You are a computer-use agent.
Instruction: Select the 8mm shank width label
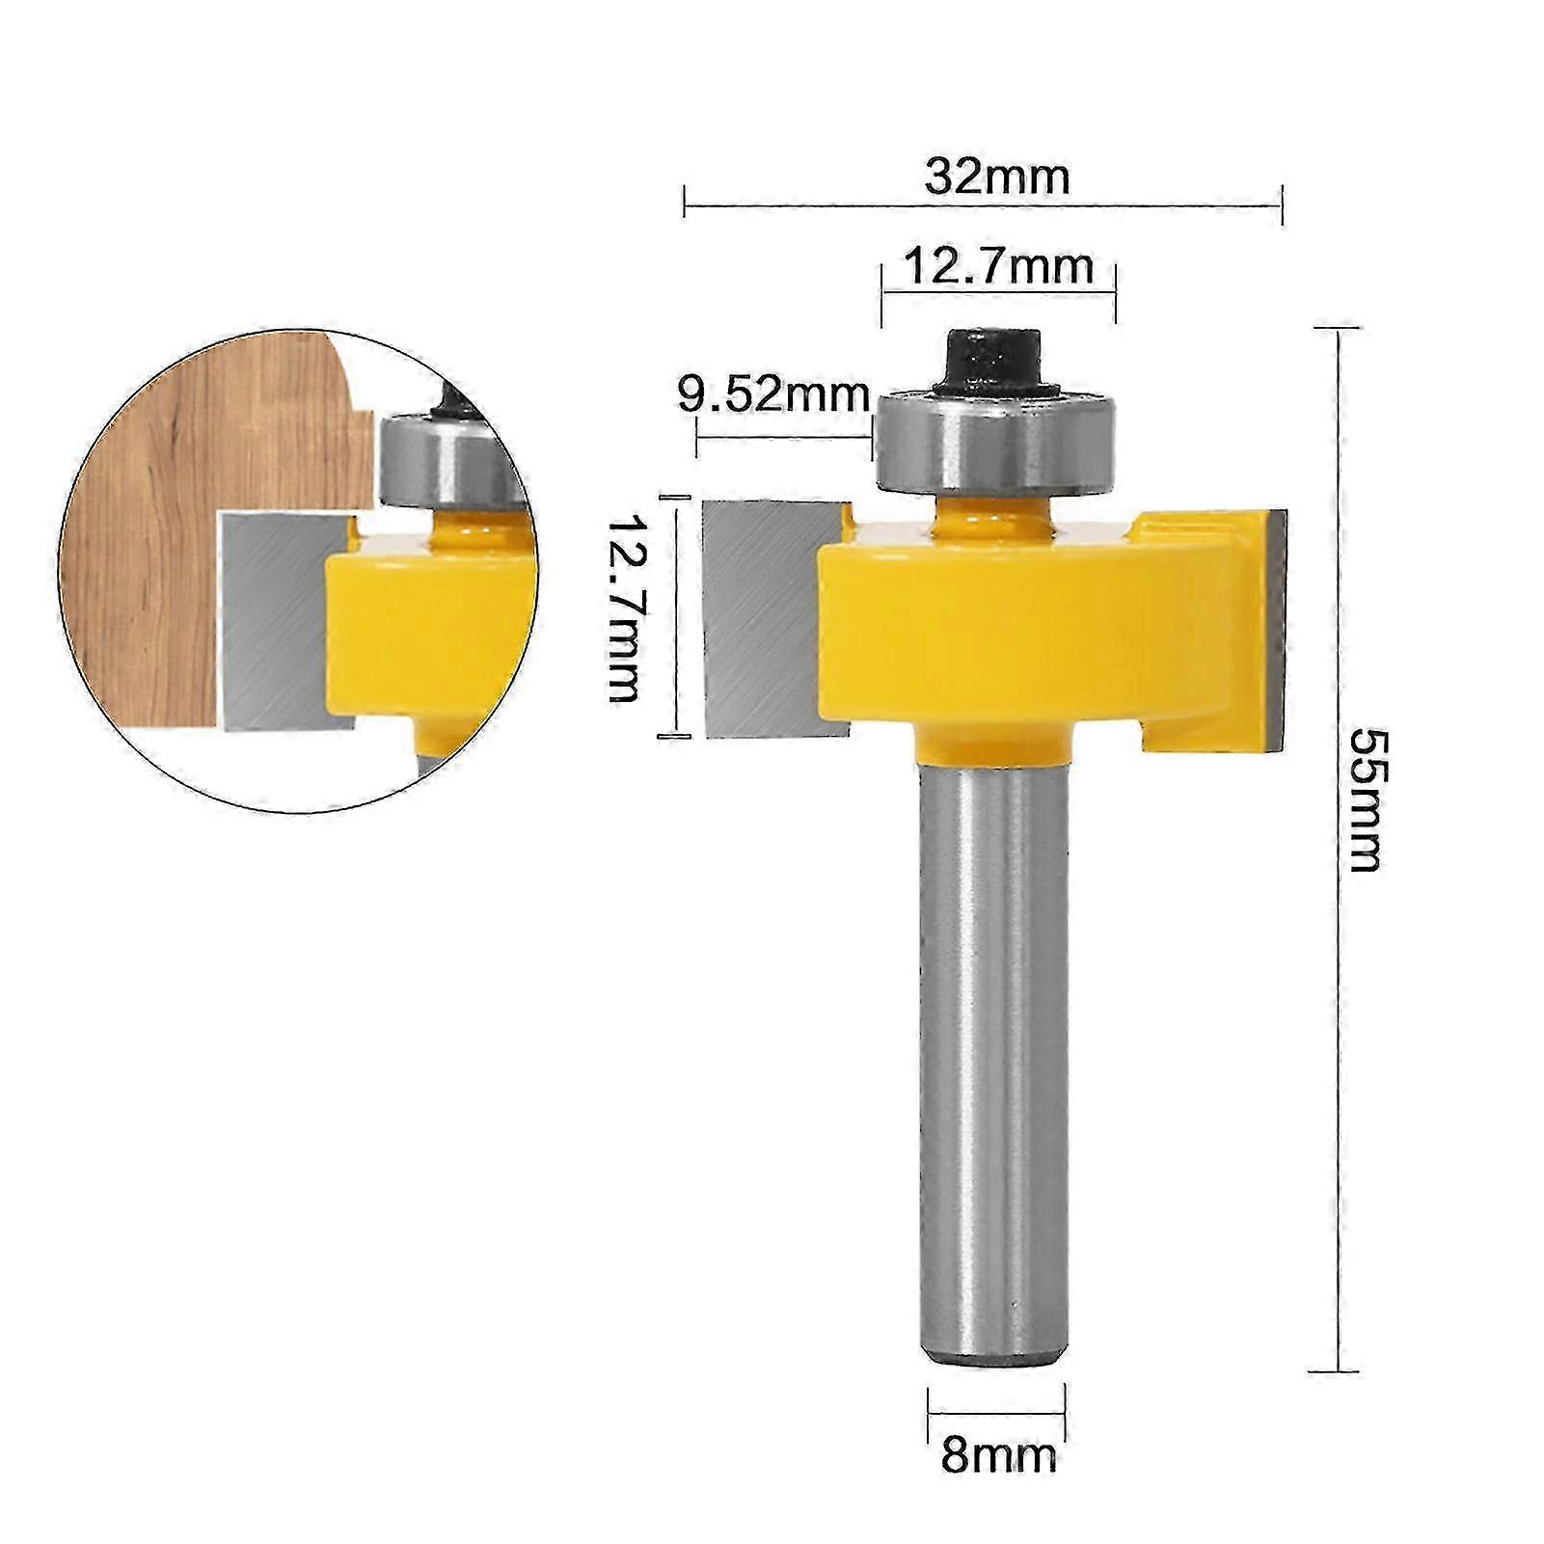point(998,1453)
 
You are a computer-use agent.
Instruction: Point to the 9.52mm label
point(773,394)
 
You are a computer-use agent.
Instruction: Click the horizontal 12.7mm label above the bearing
point(999,267)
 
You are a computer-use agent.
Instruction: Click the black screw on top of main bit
point(992,358)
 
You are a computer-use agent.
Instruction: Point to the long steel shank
point(992,1061)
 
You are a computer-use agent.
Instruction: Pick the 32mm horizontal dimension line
point(983,205)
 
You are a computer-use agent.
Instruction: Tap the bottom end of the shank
point(992,1355)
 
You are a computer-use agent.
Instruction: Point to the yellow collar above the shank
point(992,746)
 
